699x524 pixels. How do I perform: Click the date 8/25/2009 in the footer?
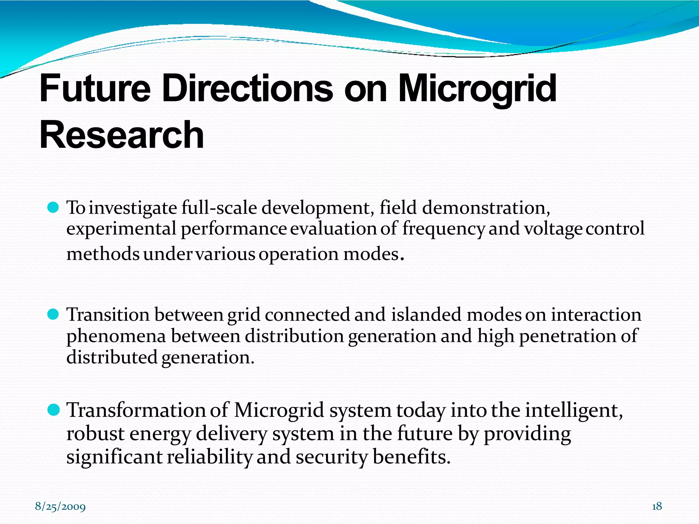[x=60, y=507]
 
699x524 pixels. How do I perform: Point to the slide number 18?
[x=657, y=506]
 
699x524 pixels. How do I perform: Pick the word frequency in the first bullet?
[x=443, y=229]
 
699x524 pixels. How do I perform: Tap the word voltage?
[x=553, y=229]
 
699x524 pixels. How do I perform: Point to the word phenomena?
[x=116, y=336]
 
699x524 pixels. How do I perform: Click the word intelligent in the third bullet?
[x=573, y=410]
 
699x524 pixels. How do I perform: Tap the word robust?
[x=95, y=434]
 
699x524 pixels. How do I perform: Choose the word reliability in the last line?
[x=210, y=457]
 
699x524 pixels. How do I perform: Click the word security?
[x=331, y=457]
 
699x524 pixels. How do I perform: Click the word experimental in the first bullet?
[x=121, y=229]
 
